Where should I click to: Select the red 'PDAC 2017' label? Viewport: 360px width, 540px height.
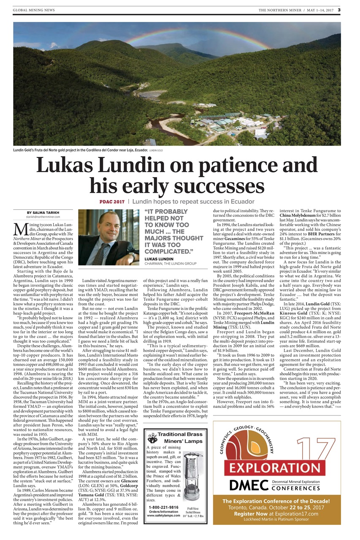click(x=112, y=202)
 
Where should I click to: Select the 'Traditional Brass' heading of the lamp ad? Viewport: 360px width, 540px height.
click(x=180, y=434)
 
